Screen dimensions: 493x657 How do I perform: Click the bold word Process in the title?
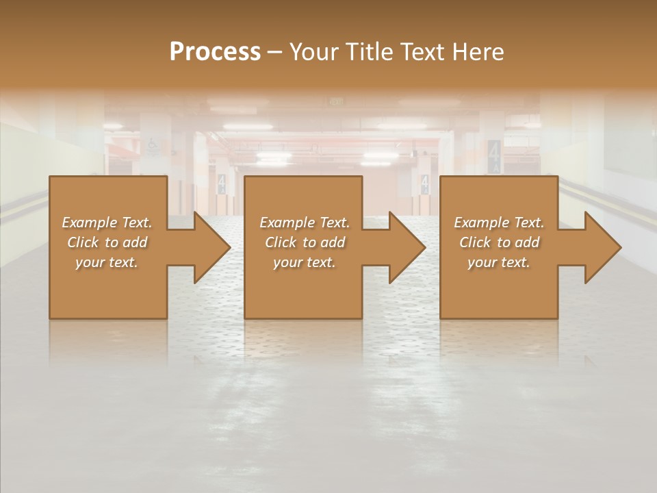pyautogui.click(x=215, y=52)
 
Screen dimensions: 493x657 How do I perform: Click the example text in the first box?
pyautogui.click(x=107, y=242)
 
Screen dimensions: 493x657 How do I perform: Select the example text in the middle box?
pyautogui.click(x=305, y=242)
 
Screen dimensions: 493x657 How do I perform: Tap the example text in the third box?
pyautogui.click(x=499, y=242)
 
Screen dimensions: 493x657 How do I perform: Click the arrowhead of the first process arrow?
pyautogui.click(x=211, y=247)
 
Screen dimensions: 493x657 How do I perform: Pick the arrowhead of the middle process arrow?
pyautogui.click(x=407, y=247)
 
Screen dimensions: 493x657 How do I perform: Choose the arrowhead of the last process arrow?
pyautogui.click(x=602, y=247)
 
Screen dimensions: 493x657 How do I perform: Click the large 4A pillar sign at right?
pyautogui.click(x=494, y=156)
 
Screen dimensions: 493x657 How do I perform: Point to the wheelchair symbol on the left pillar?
pyautogui.click(x=155, y=144)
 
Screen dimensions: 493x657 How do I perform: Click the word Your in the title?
pyautogui.click(x=312, y=52)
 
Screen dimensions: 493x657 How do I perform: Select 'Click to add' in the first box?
pyautogui.click(x=107, y=242)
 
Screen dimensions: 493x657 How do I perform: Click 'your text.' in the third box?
pyautogui.click(x=499, y=262)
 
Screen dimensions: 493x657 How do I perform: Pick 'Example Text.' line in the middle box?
pyautogui.click(x=305, y=223)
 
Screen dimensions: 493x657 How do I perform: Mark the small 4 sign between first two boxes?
pyautogui.click(x=221, y=183)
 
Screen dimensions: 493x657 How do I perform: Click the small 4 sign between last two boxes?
pyautogui.click(x=424, y=183)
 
